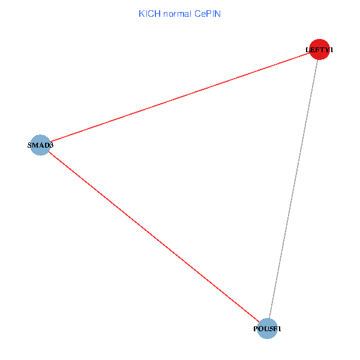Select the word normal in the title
(x=177, y=14)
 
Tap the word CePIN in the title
(x=208, y=14)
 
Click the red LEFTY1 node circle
(x=319, y=49)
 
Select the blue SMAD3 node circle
(x=40, y=145)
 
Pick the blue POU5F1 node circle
(x=267, y=329)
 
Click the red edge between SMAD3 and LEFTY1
(x=180, y=97)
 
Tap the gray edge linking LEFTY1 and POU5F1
(x=293, y=189)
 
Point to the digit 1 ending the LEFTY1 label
(x=331, y=50)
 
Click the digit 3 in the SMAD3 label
(x=52, y=145)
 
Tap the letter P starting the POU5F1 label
(x=256, y=329)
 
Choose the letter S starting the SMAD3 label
(x=29, y=145)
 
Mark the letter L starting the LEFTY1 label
(x=308, y=50)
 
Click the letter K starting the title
(x=142, y=14)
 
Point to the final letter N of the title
(x=218, y=14)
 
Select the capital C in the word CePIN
(x=197, y=14)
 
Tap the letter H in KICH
(x=157, y=14)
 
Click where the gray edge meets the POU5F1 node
(x=269, y=319)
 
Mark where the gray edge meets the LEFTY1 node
(x=317, y=59)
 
